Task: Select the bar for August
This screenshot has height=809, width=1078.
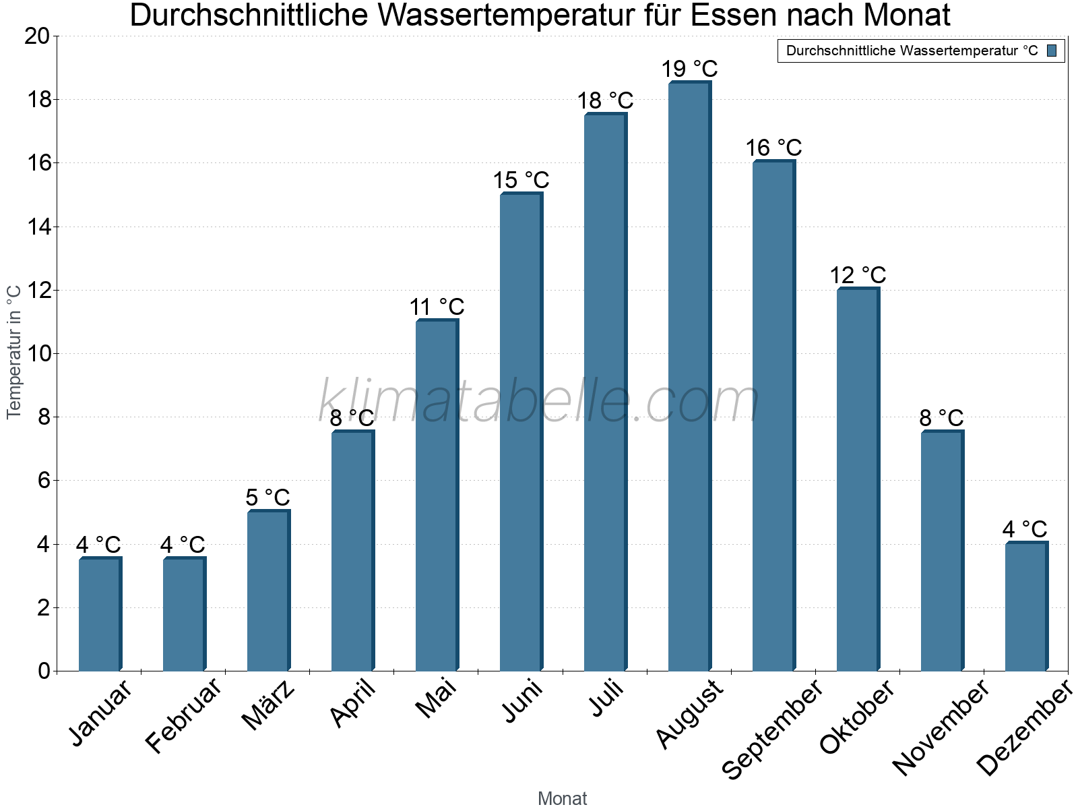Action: point(689,378)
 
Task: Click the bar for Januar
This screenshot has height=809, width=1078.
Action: point(100,615)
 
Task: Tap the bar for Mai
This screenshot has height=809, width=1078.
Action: point(437,496)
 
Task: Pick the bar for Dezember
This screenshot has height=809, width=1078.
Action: point(1026,607)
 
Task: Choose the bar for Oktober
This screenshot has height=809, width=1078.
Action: point(858,480)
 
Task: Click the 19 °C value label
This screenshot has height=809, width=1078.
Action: point(689,69)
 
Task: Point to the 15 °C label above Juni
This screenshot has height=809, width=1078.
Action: point(521,181)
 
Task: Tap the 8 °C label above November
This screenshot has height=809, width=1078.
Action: point(941,418)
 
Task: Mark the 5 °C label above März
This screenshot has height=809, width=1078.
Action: point(267,498)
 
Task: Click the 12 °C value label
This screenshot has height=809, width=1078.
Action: point(858,276)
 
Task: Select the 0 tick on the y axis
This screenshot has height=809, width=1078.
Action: point(44,671)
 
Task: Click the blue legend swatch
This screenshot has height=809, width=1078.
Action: point(1052,51)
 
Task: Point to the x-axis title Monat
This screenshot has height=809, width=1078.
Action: point(562,799)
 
